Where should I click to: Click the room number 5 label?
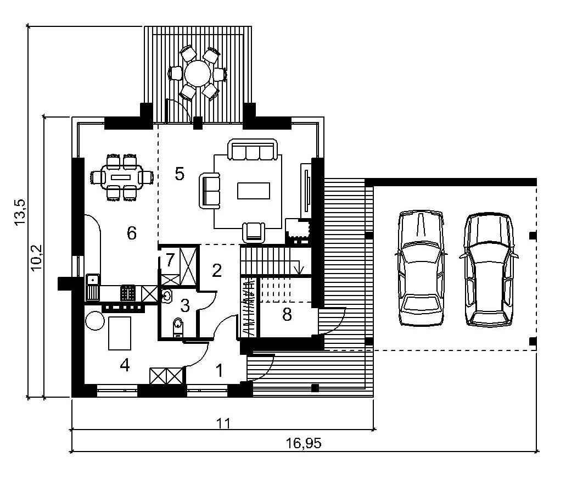(x=180, y=174)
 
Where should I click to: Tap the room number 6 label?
(x=132, y=233)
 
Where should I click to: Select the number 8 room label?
(x=287, y=315)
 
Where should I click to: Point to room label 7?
(x=170, y=259)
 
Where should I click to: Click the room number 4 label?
(x=125, y=366)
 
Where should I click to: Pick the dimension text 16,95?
(x=304, y=443)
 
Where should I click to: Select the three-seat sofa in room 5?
(x=253, y=149)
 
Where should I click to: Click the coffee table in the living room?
(x=254, y=191)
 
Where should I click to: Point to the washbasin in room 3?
(x=166, y=297)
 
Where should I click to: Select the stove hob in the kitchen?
(x=128, y=293)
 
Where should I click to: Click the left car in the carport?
(x=421, y=269)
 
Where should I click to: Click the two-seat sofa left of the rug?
(x=210, y=191)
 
